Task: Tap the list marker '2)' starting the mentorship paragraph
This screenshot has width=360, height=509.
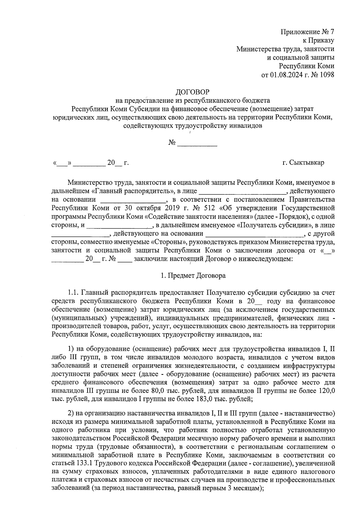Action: point(71,414)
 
